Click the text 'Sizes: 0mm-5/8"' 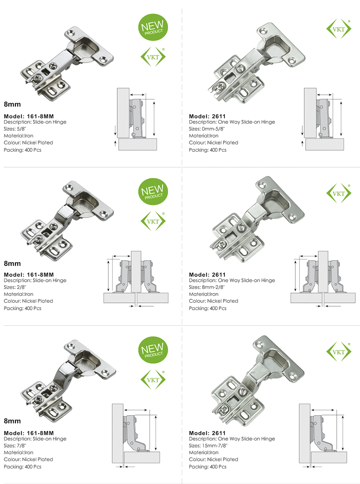tap(207, 129)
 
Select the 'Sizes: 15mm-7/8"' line tap(208, 446)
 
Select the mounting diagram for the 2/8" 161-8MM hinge tap(136, 279)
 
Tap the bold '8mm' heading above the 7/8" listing tap(12, 421)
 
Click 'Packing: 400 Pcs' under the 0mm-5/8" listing tap(207, 150)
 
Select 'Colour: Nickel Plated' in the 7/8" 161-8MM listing tap(29, 460)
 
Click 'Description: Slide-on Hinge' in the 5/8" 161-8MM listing tap(35, 122)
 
